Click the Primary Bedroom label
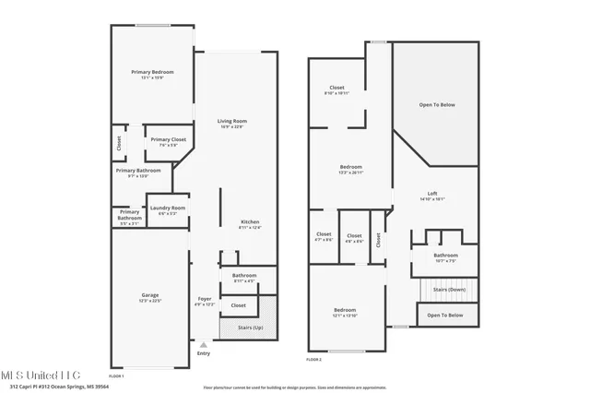click(152, 72)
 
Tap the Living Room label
click(232, 122)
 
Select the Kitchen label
click(250, 222)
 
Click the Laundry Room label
click(168, 208)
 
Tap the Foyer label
click(205, 299)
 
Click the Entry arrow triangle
click(203, 344)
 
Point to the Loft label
click(432, 193)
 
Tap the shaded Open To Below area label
click(437, 105)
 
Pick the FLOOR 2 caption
click(313, 359)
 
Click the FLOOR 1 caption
click(116, 376)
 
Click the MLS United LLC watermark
click(41, 375)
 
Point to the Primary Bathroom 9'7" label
click(137, 171)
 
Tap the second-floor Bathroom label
click(446, 256)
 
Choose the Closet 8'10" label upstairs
click(336, 89)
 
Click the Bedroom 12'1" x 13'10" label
click(345, 311)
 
